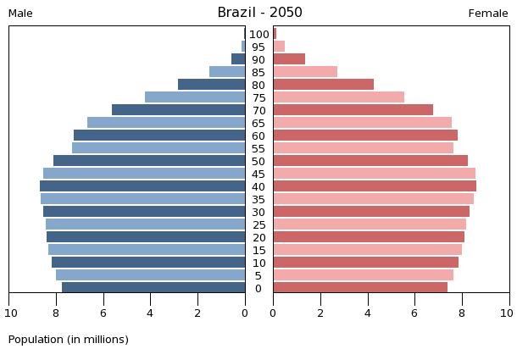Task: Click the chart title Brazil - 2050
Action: (259, 13)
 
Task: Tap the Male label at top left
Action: (20, 14)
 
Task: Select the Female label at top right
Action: (488, 14)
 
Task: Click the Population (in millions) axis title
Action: (69, 340)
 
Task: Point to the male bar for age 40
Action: (142, 186)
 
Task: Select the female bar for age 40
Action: (375, 186)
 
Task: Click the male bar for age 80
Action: (211, 85)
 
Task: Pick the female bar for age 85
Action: (305, 72)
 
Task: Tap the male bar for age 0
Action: (153, 288)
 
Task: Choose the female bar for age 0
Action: (360, 288)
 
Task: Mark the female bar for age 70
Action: (353, 110)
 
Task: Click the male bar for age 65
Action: (166, 123)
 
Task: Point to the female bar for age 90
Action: (289, 59)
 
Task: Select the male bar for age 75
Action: (195, 97)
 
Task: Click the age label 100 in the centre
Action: (259, 35)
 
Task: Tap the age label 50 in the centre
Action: (259, 162)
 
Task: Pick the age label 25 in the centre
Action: (259, 225)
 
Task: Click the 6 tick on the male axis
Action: (103, 313)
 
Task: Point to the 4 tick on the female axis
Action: (368, 313)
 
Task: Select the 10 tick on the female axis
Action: (506, 313)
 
